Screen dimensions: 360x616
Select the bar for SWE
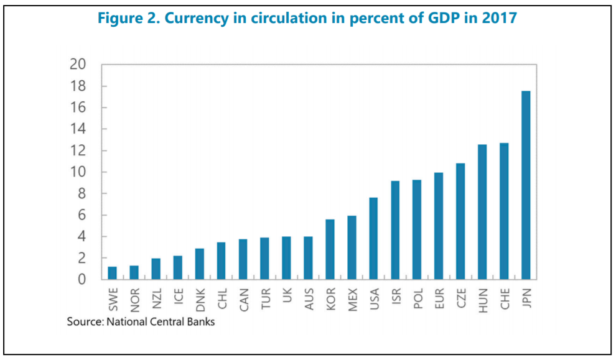point(113,273)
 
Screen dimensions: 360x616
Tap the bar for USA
point(373,239)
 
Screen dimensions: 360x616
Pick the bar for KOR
point(330,249)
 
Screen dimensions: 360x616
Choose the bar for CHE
point(504,211)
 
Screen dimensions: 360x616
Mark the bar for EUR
point(439,226)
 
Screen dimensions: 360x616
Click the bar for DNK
point(200,264)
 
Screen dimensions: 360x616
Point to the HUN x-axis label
point(482,297)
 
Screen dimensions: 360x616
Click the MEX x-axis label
point(352,298)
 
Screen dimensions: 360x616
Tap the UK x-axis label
point(287,294)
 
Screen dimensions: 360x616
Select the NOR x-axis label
point(134,298)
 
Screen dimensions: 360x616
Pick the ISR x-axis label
point(395,295)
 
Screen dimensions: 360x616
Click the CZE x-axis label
point(460,297)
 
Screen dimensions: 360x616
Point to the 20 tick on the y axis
point(78,65)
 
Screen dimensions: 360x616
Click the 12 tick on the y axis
point(78,151)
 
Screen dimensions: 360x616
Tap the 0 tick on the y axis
point(83,280)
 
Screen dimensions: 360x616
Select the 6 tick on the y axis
point(83,215)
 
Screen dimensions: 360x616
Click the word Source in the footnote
point(85,321)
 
